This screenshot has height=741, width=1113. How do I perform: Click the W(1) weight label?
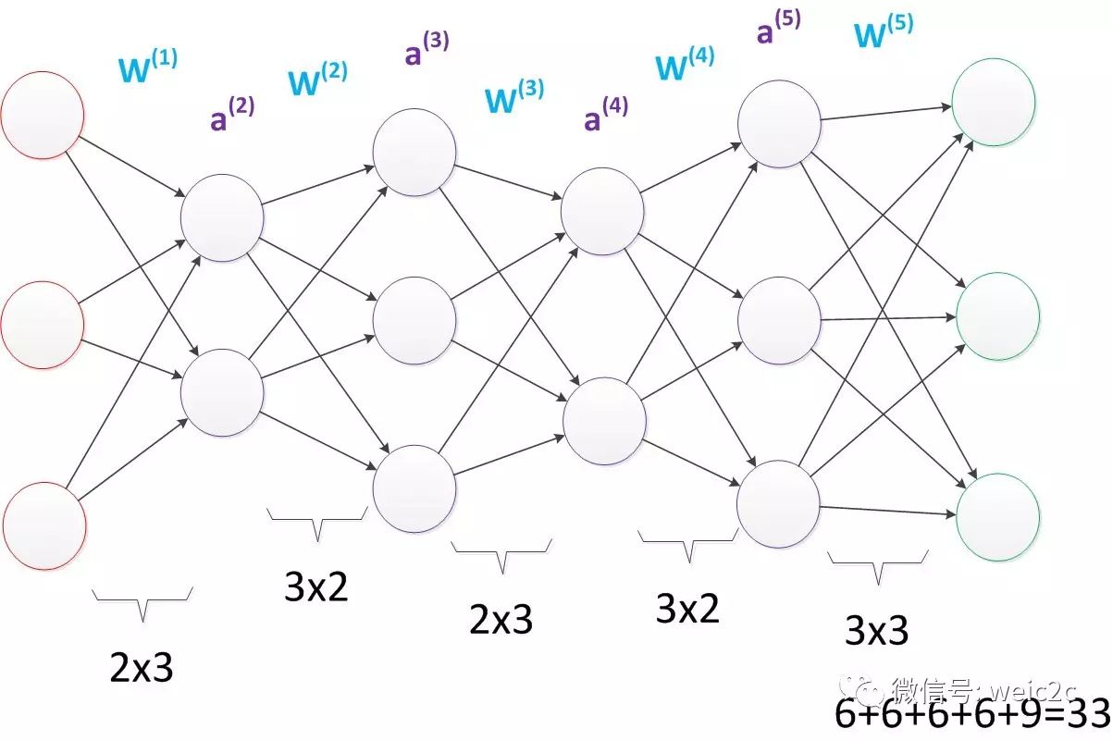(148, 66)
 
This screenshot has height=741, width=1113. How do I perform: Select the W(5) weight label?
(884, 31)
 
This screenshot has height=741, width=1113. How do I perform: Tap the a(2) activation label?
(232, 114)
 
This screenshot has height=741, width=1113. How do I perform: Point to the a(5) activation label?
(779, 26)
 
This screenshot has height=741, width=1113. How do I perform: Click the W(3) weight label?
(514, 96)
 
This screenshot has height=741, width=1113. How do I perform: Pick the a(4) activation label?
(606, 114)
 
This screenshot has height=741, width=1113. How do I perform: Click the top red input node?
(43, 116)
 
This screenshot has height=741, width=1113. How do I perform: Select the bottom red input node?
(44, 525)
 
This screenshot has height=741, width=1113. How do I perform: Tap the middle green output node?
(997, 316)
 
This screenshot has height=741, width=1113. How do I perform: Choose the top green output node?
(994, 103)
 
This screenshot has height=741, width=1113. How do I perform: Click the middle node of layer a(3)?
(414, 321)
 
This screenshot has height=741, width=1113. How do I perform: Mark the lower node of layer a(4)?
(605, 421)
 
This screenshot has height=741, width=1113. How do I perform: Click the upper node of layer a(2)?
(222, 217)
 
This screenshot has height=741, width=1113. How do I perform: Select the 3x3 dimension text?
(876, 630)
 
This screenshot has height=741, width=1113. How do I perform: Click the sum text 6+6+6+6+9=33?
(972, 713)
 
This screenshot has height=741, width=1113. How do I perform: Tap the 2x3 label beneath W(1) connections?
(142, 667)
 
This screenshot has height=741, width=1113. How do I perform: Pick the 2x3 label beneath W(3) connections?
(501, 619)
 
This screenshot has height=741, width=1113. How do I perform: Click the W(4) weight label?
(686, 63)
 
